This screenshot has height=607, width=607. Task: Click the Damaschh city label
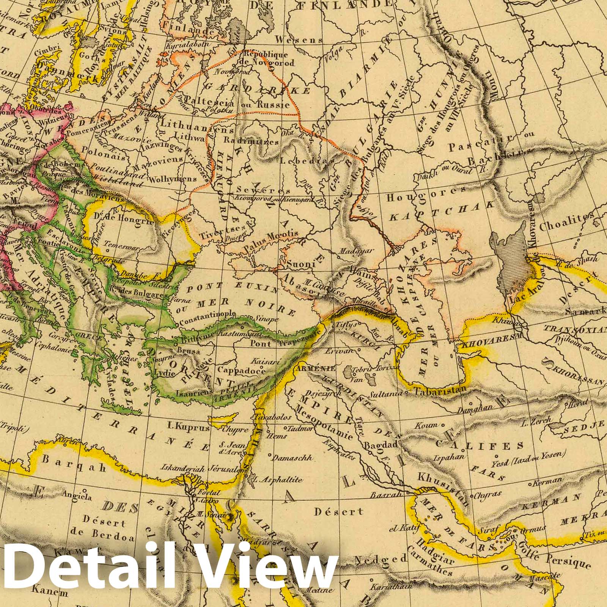coord(292,458)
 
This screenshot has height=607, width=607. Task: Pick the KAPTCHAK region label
coord(442,211)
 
